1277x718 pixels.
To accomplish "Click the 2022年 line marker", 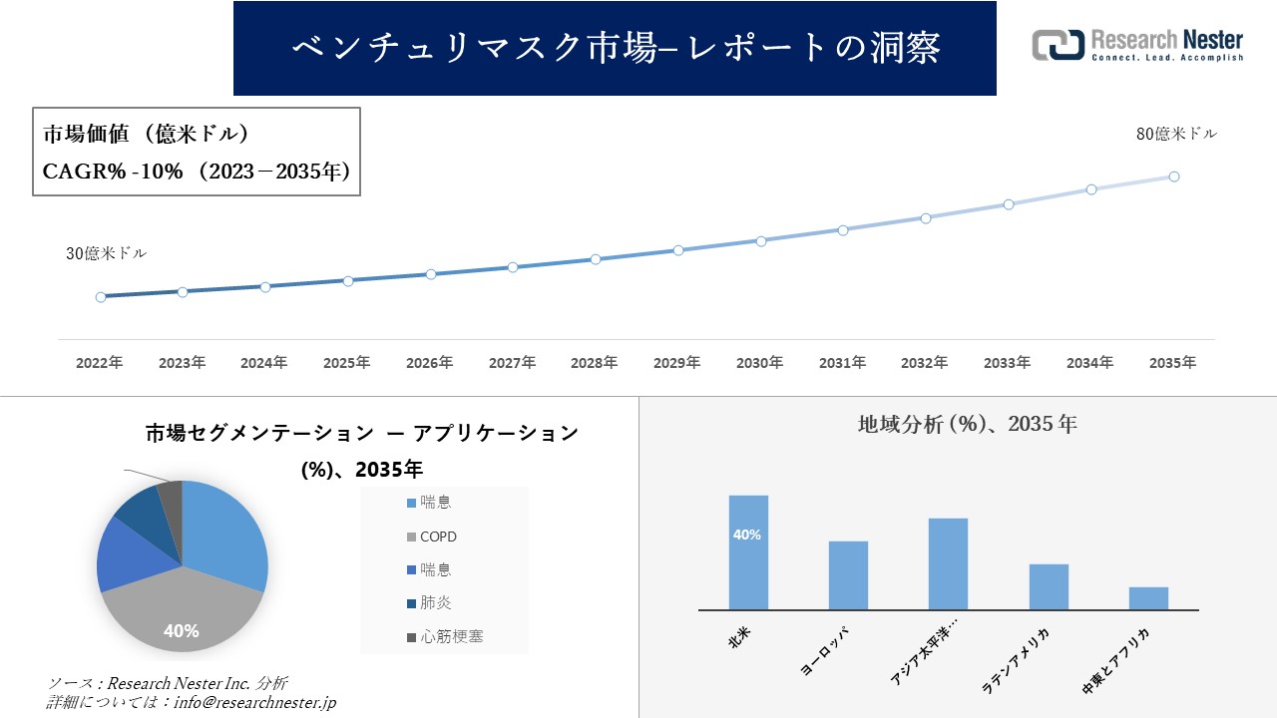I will pos(101,297).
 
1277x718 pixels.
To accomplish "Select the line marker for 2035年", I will pos(1174,177).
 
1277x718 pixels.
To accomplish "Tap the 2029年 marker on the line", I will pos(678,250).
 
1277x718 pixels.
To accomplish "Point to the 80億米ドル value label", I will pos(1176,134).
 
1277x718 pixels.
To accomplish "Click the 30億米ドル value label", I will pos(106,254).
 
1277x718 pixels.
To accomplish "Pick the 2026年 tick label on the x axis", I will pos(429,363).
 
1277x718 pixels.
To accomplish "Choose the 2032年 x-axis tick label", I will pos(924,363).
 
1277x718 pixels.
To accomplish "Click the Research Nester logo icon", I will pos(1058,45).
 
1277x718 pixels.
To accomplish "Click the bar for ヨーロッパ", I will pos(848,575).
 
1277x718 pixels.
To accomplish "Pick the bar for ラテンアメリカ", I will pos(1049,586).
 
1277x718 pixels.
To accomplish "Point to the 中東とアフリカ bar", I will pos(1148,598).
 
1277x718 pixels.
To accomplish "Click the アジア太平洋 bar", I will pos(948,563).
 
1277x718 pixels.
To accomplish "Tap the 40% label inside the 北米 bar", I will pos(747,536).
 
